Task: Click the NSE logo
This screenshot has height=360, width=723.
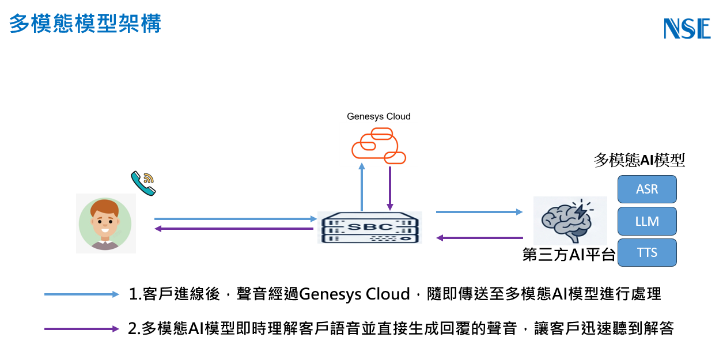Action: click(687, 28)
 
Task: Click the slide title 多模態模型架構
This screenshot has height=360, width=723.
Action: click(85, 24)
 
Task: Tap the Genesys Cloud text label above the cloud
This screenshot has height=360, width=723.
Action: click(378, 116)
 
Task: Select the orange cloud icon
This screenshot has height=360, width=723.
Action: click(378, 146)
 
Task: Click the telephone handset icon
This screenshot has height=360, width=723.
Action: click(143, 183)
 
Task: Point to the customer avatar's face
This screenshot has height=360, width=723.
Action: click(105, 219)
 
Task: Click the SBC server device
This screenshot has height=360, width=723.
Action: click(370, 228)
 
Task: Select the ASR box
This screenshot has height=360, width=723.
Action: click(647, 189)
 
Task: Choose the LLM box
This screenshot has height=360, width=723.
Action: click(647, 221)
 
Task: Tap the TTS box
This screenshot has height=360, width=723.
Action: click(647, 253)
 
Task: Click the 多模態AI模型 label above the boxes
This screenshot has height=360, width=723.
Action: click(639, 160)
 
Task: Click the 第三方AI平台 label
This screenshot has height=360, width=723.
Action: click(569, 255)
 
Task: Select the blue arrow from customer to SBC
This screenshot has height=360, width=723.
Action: click(236, 219)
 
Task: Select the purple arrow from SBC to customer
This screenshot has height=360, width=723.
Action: click(234, 229)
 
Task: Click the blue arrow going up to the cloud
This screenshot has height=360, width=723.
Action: click(362, 187)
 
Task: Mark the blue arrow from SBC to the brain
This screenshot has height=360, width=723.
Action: click(479, 212)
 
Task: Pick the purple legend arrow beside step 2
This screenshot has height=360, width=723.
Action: click(82, 329)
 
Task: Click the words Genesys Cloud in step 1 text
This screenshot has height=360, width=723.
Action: click(354, 294)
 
